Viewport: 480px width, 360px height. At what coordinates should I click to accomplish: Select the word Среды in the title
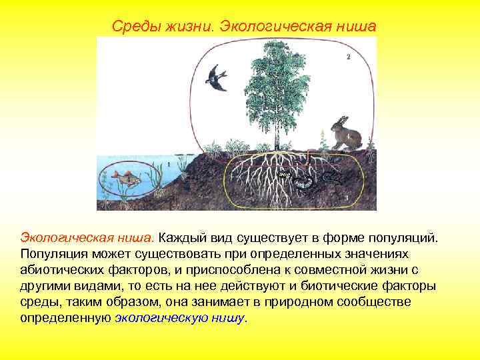pyautogui.click(x=131, y=26)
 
